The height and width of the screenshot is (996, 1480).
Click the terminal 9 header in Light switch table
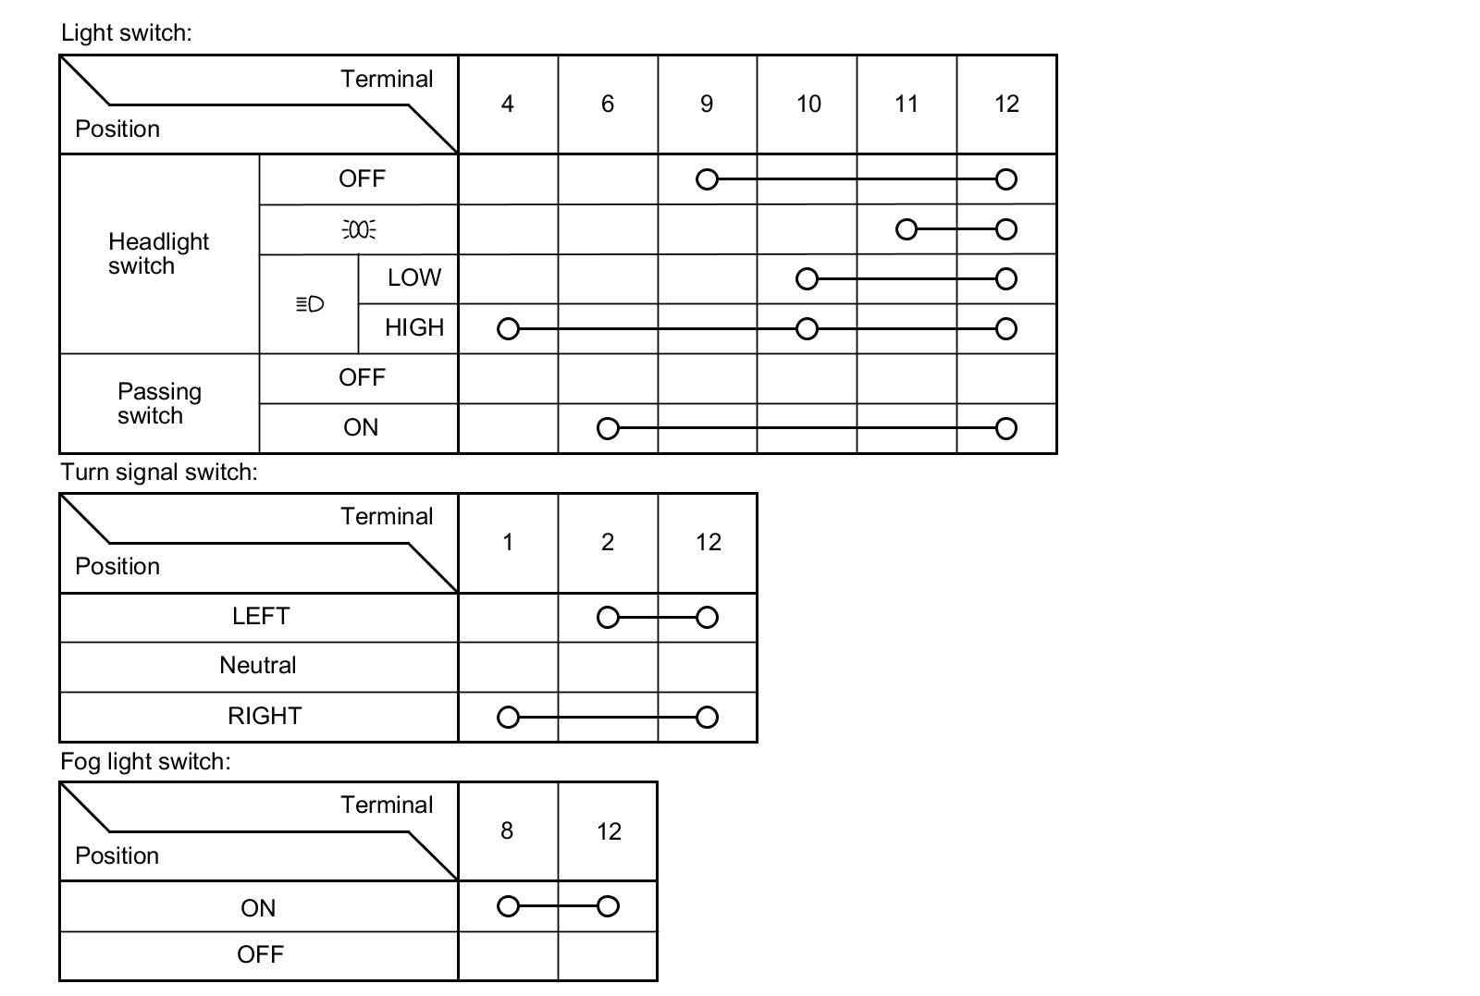click(x=707, y=104)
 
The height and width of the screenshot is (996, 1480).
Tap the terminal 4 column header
click(x=507, y=104)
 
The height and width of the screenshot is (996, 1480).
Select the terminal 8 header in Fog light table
click(x=507, y=830)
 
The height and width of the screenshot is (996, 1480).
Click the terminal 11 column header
click(x=906, y=104)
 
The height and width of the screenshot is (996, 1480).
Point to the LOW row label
click(x=413, y=277)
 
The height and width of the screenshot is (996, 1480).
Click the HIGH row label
click(x=414, y=327)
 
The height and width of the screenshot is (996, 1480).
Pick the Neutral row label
click(x=258, y=665)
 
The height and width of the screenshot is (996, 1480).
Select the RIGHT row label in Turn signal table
click(x=265, y=716)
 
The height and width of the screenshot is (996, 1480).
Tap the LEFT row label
click(x=260, y=616)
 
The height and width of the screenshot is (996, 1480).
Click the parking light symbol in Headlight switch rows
click(x=359, y=229)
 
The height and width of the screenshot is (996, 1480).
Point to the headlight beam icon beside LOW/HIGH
click(x=309, y=304)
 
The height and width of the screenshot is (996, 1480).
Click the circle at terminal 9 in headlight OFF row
click(x=707, y=179)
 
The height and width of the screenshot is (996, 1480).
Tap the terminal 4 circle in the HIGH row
click(x=508, y=328)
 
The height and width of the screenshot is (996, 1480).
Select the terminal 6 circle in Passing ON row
click(x=607, y=428)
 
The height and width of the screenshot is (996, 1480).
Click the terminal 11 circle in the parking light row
click(x=906, y=229)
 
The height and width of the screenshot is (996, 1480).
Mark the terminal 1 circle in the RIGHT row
click(x=508, y=717)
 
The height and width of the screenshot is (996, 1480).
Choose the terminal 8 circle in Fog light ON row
click(x=508, y=906)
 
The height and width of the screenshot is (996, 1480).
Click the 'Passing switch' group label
click(x=159, y=403)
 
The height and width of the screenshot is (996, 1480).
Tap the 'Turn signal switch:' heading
click(x=158, y=473)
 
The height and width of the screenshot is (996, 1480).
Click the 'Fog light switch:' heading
click(x=145, y=761)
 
